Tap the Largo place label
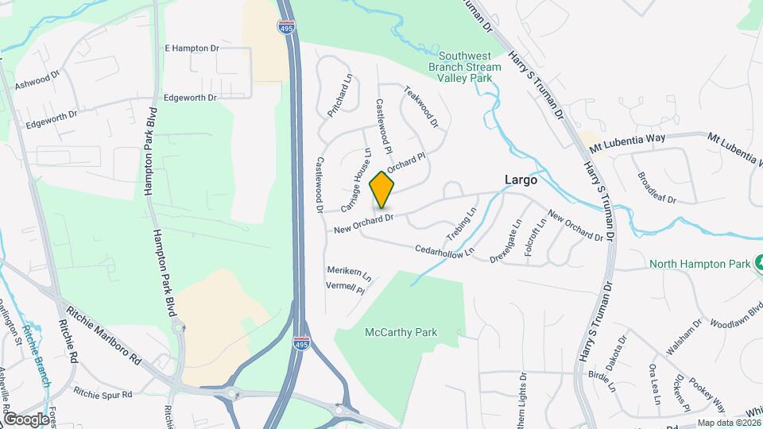pyautogui.click(x=521, y=180)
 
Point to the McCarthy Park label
pyautogui.click(x=401, y=332)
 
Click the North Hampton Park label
pyautogui.click(x=699, y=263)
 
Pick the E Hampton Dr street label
pyautogui.click(x=192, y=48)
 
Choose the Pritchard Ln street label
pyautogui.click(x=340, y=96)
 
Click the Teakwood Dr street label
pyautogui.click(x=421, y=107)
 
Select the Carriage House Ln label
pyautogui.click(x=356, y=180)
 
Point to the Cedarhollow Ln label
pyautogui.click(x=445, y=250)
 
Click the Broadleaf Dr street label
pyautogui.click(x=656, y=187)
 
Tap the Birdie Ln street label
pyautogui.click(x=602, y=381)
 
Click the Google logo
pyautogui.click(x=25, y=419)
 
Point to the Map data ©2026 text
pyautogui.click(x=729, y=423)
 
